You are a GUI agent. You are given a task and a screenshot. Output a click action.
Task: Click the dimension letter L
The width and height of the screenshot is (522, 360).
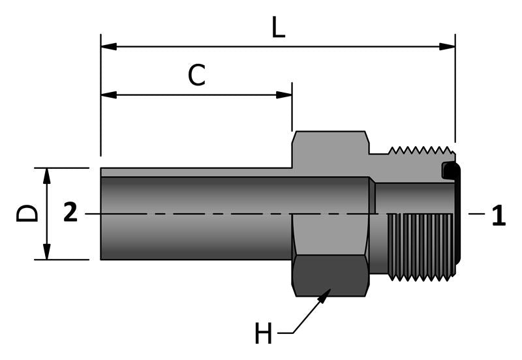[279, 27]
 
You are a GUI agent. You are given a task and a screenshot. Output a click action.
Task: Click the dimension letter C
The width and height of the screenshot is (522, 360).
[196, 76]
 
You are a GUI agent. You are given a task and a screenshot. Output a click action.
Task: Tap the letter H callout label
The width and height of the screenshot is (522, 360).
[264, 335]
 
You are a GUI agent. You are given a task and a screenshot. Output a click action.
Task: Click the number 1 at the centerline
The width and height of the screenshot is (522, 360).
[499, 216]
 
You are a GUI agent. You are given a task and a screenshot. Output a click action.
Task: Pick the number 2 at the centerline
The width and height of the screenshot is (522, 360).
[70, 213]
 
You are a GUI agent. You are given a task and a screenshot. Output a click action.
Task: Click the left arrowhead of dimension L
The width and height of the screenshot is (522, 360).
[108, 46]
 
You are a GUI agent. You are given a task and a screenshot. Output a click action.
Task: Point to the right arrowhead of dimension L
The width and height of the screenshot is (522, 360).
[448, 46]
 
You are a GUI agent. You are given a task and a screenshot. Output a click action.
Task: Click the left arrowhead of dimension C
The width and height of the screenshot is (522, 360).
[108, 95]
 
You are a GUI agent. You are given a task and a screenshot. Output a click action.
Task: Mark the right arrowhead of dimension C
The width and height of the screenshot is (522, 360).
[284, 95]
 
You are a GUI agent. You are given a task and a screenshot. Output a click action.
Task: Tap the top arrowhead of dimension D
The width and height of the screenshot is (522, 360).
[47, 175]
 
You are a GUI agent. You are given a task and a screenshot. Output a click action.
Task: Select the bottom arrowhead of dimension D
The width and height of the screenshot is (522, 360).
[47, 252]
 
